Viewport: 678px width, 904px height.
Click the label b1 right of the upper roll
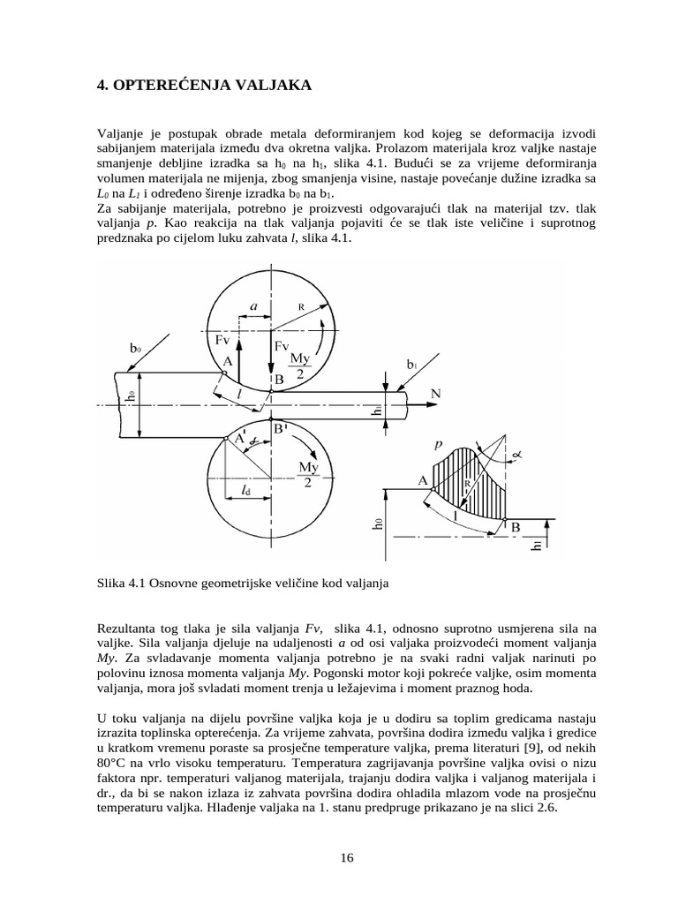[x=411, y=363]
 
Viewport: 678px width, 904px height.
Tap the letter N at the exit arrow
[x=434, y=392]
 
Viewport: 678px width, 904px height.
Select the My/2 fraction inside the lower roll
[x=309, y=473]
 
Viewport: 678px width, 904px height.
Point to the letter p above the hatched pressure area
[x=439, y=446]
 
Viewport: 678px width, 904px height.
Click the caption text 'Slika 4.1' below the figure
[x=120, y=584]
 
